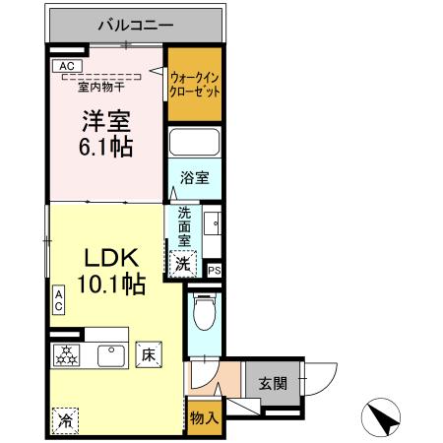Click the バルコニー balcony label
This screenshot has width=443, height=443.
(x=136, y=24)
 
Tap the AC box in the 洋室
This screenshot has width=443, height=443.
(x=66, y=66)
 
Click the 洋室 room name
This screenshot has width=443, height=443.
(x=106, y=123)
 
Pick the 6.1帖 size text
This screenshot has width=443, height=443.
(x=106, y=148)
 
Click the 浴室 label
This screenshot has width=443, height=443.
(x=194, y=178)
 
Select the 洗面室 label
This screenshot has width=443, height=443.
(x=184, y=224)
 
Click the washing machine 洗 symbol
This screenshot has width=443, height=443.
(x=181, y=262)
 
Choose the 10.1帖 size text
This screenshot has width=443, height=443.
(x=114, y=285)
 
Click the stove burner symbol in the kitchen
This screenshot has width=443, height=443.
(x=67, y=355)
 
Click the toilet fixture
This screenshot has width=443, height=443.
(x=204, y=314)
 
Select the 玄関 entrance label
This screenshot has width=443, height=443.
(x=272, y=383)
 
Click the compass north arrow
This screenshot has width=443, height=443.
(x=383, y=418)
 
